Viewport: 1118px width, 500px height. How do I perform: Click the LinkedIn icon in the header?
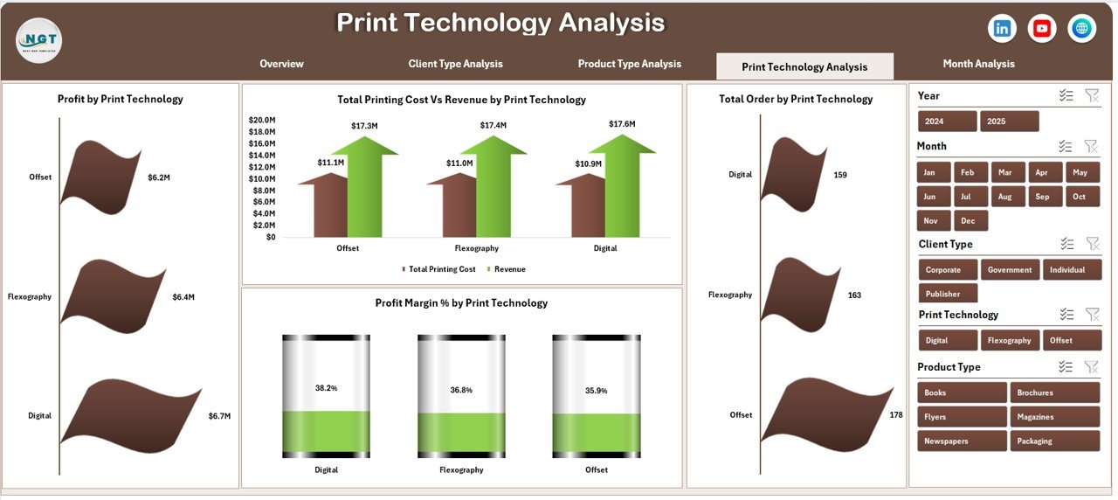pos(1002,29)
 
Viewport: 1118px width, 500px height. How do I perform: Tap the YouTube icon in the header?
pos(1042,29)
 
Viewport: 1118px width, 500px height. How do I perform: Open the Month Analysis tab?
pos(978,64)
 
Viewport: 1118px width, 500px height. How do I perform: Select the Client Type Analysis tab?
pos(455,64)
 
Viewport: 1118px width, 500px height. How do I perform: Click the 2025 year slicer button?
pos(1009,122)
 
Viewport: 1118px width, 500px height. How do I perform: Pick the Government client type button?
pos(1010,270)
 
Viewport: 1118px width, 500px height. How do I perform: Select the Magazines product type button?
pos(1054,417)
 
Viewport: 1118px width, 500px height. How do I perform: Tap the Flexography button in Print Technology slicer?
pos(1009,341)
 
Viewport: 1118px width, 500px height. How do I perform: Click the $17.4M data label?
pos(492,126)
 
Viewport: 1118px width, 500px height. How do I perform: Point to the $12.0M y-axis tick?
pos(262,167)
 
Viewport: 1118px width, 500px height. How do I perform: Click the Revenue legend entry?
pos(509,269)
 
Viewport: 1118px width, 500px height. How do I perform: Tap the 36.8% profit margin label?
pos(461,391)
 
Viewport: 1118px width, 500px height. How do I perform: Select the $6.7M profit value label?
pos(219,416)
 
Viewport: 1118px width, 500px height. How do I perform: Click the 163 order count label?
pos(854,295)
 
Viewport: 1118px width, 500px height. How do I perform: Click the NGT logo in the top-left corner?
pos(38,40)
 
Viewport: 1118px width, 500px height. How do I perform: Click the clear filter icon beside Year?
pos(1091,95)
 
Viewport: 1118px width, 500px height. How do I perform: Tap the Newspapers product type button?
pos(961,441)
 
